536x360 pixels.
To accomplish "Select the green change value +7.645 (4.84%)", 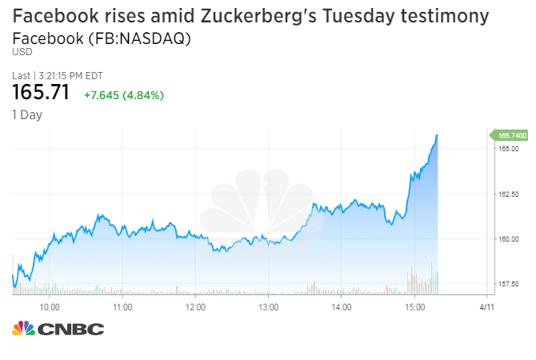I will pyautogui.click(x=124, y=95).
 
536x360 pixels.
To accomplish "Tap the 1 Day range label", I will pyautogui.click(x=27, y=114).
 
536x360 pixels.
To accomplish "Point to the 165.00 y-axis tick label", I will pyautogui.click(x=510, y=149).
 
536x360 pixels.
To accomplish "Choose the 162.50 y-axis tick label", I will pyautogui.click(x=510, y=194).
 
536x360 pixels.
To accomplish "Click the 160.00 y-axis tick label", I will pyautogui.click(x=510, y=239).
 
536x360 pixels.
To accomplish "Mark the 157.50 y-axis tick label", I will pyautogui.click(x=510, y=284).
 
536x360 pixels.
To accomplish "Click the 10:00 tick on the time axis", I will pyautogui.click(x=50, y=306).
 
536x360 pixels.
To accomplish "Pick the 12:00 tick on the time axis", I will pyautogui.click(x=195, y=306).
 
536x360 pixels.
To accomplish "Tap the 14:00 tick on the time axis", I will pyautogui.click(x=341, y=306).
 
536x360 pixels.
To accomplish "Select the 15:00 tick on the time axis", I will pyautogui.click(x=414, y=306).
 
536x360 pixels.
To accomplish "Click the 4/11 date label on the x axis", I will pyautogui.click(x=486, y=306).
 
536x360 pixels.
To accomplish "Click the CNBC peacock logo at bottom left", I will pyautogui.click(x=23, y=328).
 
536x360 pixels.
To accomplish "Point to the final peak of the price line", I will pyautogui.click(x=438, y=136).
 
